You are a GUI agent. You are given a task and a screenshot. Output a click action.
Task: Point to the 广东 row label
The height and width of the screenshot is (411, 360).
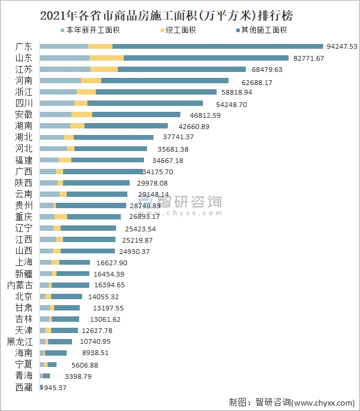(24, 46)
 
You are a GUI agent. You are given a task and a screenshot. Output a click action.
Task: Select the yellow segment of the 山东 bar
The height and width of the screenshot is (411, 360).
(107, 58)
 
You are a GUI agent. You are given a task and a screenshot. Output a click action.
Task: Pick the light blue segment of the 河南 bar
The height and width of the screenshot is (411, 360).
(60, 80)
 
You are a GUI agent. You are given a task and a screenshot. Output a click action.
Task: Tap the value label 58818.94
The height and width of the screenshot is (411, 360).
(237, 92)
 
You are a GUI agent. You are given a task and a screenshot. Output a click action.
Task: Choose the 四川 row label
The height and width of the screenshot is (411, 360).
(24, 103)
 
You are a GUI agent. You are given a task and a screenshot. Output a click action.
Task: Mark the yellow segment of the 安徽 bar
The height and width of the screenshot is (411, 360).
(82, 114)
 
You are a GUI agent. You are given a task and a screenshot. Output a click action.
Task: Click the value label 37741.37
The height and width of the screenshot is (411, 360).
(178, 137)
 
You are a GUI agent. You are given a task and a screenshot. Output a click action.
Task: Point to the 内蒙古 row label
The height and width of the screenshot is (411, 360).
(20, 285)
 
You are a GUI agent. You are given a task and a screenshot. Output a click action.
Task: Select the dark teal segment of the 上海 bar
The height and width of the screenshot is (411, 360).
(74, 262)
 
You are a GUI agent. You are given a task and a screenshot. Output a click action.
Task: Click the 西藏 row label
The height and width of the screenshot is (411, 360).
(24, 387)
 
